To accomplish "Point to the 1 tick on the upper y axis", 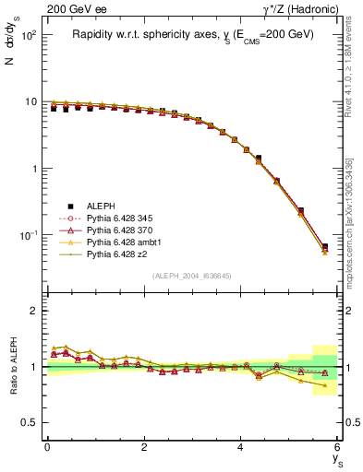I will [x=33, y=169].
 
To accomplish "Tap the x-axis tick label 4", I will [x=240, y=447].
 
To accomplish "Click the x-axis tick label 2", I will [x=144, y=447].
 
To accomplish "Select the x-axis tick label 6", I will [x=337, y=447].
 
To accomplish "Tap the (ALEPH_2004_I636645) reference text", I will [x=192, y=276].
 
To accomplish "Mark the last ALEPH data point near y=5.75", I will [x=324, y=246].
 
